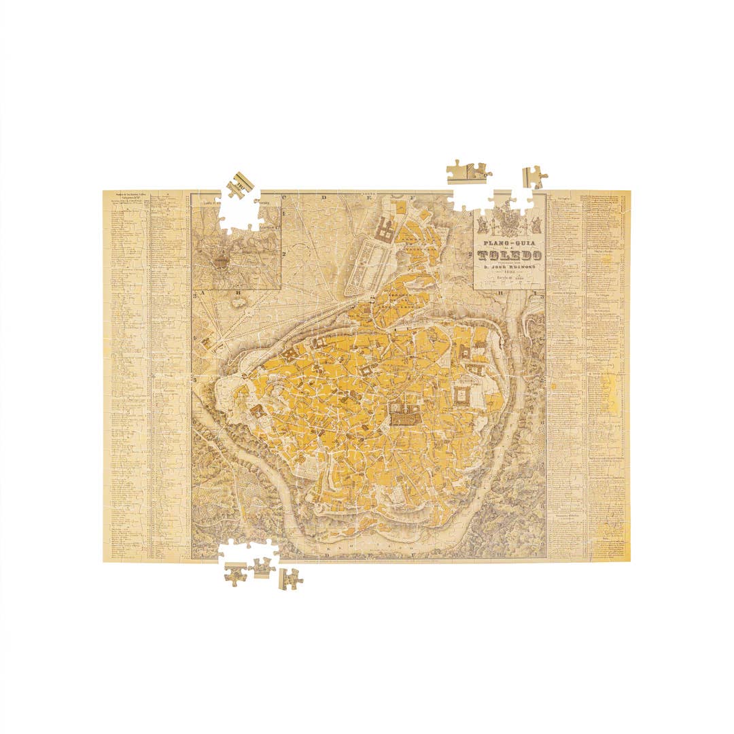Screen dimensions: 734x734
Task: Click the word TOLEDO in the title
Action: click(510, 256)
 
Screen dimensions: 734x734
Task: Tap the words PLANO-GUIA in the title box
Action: click(510, 243)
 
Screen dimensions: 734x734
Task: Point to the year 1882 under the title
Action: click(510, 275)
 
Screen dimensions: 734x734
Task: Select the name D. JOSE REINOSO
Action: click(510, 267)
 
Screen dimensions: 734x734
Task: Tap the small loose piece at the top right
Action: click(534, 177)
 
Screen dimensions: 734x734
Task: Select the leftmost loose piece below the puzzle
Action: click(236, 576)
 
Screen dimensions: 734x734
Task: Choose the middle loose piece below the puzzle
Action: click(262, 567)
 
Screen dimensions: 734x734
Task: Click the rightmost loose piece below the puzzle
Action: click(292, 578)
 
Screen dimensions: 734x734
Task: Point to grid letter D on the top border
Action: click(325, 198)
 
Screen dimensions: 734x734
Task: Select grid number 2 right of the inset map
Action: click(286, 253)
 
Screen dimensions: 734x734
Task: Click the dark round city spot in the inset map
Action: click(221, 261)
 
